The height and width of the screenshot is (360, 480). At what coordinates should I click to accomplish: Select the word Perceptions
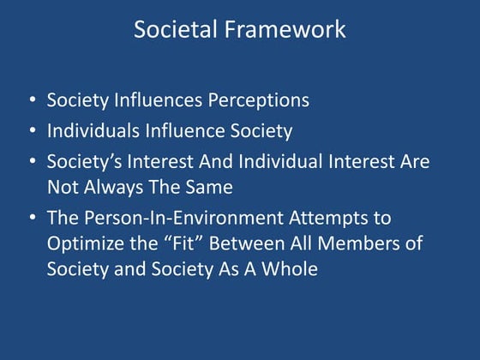pos(255,100)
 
